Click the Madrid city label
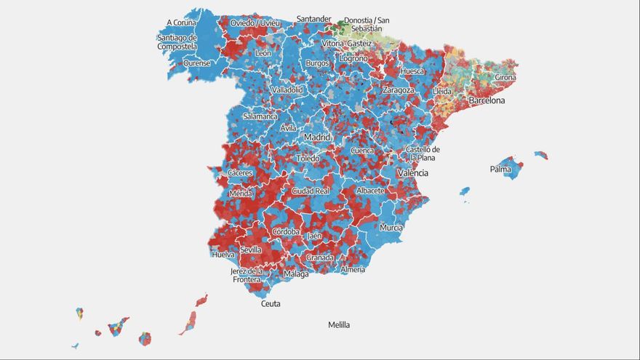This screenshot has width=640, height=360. [x=317, y=137]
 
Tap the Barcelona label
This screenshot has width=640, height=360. [x=487, y=100]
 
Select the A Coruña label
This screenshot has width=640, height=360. [x=181, y=23]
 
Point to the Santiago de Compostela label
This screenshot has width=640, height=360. [x=177, y=42]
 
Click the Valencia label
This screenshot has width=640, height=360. [x=412, y=173]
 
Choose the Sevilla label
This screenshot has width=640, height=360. [x=251, y=249]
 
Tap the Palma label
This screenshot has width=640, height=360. [x=500, y=169]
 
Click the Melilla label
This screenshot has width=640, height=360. [x=339, y=325]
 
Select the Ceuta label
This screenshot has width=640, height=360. [x=271, y=304]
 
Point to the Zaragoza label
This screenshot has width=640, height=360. [x=399, y=90]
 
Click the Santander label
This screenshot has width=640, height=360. [x=314, y=19]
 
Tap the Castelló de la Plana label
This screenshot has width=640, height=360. [x=423, y=153]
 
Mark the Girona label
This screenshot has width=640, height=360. [x=505, y=77]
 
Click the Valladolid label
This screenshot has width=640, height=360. [x=287, y=90]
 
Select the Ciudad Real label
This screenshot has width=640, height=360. [x=311, y=191]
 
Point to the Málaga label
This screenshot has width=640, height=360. [x=296, y=274]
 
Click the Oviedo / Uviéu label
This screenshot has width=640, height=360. [x=255, y=23]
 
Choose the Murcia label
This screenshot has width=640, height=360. [x=391, y=228]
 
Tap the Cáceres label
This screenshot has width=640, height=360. [x=240, y=173]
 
